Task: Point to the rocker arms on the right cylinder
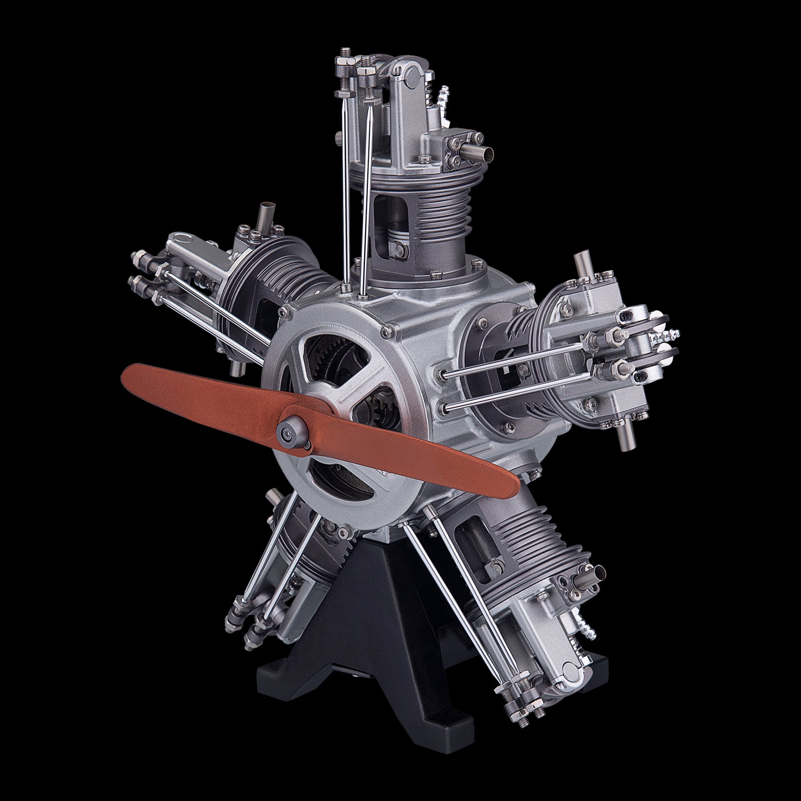(647, 341)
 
